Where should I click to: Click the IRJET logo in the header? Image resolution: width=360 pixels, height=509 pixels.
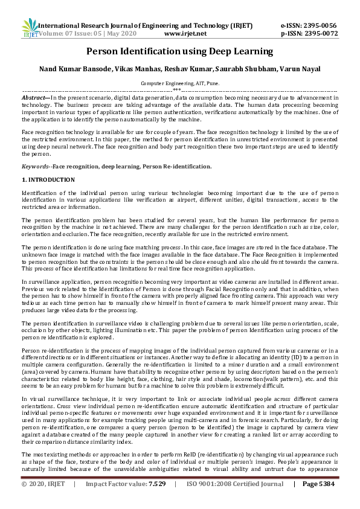30,29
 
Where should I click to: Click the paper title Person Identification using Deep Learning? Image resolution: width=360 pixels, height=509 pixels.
179,51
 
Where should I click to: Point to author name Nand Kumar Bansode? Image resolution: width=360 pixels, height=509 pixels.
66,69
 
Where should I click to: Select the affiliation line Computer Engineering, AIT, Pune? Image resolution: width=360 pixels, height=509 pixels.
180,83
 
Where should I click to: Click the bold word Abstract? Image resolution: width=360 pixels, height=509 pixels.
34,97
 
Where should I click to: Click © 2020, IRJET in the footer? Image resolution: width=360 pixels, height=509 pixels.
43,501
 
